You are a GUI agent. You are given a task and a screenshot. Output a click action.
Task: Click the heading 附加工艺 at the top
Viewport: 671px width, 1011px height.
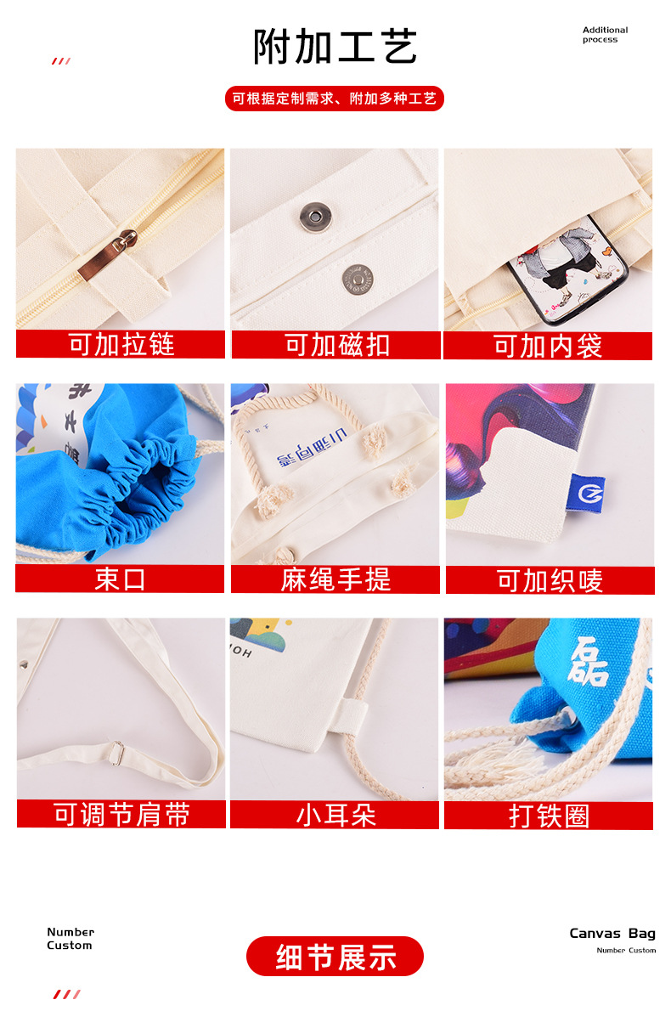[335, 47]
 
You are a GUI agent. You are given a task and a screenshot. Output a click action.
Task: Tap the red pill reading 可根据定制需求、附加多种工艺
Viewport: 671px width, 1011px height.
[335, 99]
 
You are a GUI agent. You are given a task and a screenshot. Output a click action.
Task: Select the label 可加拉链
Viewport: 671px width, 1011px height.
[121, 344]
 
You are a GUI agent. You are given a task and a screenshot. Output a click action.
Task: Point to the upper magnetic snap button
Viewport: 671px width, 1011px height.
[312, 217]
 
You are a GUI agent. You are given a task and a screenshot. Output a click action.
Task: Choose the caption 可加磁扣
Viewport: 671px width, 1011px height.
[336, 344]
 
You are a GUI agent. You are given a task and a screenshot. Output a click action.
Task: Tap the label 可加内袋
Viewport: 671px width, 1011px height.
[548, 346]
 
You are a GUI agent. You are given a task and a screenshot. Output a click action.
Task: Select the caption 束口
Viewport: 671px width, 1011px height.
[120, 579]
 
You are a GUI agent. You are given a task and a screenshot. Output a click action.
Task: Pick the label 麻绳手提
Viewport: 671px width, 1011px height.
[335, 579]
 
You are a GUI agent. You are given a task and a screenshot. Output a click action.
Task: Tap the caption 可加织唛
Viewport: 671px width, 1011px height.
[550, 580]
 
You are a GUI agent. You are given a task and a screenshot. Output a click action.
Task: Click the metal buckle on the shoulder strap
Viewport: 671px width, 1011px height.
[116, 750]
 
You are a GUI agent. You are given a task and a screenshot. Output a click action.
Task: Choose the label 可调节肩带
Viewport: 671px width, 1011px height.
[121, 815]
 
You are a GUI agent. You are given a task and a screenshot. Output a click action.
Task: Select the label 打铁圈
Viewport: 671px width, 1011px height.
[549, 816]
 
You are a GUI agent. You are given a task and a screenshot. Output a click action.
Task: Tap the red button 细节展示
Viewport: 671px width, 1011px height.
[335, 957]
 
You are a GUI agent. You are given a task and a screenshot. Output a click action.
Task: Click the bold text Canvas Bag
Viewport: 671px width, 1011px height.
[612, 934]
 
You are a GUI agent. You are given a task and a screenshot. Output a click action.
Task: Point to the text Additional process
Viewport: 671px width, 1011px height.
[605, 35]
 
